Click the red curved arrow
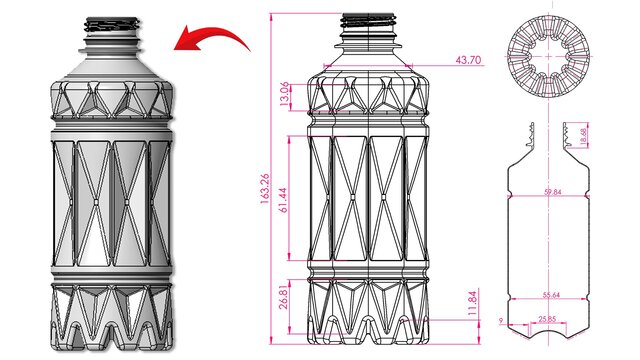(212, 41)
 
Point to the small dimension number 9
(499, 320)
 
